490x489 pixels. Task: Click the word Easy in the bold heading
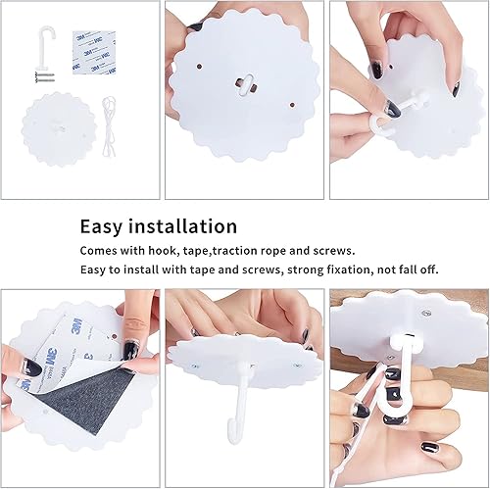click(x=103, y=226)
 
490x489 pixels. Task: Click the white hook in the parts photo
click(x=41, y=44)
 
